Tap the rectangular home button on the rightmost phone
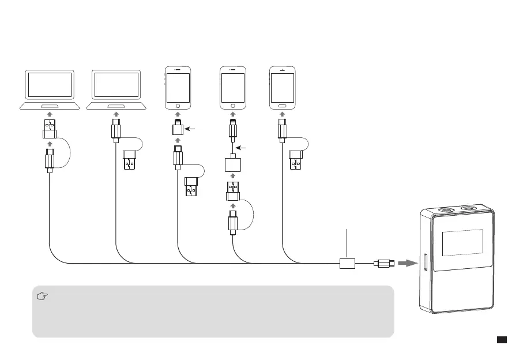pos(282,107)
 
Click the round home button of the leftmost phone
pos(178,107)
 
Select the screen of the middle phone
pos(234,87)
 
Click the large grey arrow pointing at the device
pos(408,264)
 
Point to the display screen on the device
pos(463,243)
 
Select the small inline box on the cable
pos(347,264)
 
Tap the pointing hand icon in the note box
pos(42,297)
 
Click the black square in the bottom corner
pos(502,340)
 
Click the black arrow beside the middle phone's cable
pos(244,148)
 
